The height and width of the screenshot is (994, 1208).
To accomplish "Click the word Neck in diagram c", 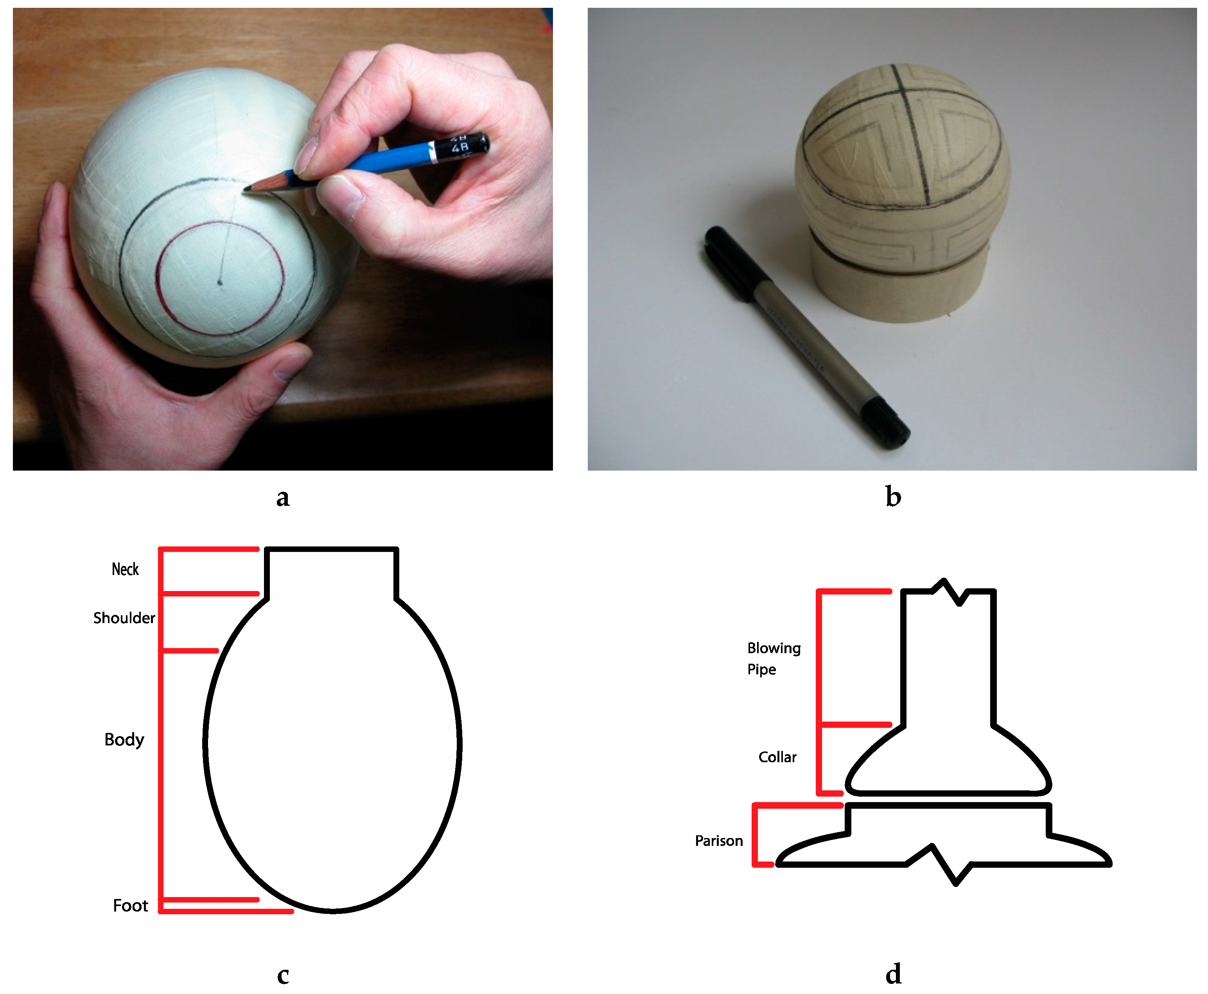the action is pyautogui.click(x=125, y=569).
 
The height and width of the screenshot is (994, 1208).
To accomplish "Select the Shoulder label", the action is pyautogui.click(x=124, y=618).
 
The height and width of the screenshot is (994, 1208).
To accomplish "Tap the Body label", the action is pyautogui.click(x=124, y=740).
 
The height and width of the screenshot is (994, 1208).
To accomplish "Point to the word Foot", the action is pyautogui.click(x=130, y=905).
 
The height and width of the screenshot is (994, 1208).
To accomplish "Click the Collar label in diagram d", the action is pyautogui.click(x=777, y=757).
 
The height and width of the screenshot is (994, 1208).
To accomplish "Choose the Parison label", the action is pyautogui.click(x=719, y=840).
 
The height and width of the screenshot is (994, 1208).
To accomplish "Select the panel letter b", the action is pyautogui.click(x=893, y=496).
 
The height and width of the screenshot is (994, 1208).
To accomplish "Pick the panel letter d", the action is pyautogui.click(x=893, y=973).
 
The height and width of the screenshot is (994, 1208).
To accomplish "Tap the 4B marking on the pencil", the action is pyautogui.click(x=460, y=148).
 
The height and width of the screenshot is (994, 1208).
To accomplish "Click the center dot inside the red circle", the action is pyautogui.click(x=220, y=282).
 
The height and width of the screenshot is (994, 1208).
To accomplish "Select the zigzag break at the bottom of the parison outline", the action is pyautogui.click(x=939, y=865).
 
